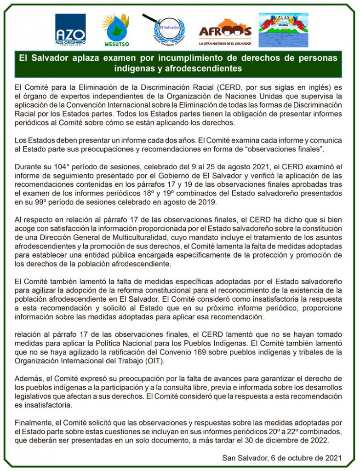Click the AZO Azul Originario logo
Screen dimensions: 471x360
pos(70,30)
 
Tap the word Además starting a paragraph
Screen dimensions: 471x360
pos(29,379)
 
